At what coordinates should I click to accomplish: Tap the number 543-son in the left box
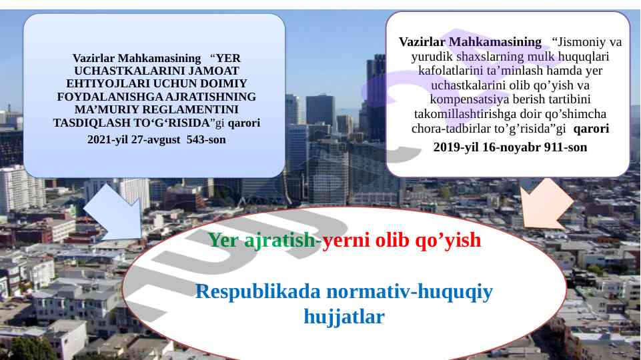click(x=206, y=140)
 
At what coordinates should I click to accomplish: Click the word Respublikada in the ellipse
click(x=258, y=293)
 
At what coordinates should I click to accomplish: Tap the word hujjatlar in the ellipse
click(x=344, y=317)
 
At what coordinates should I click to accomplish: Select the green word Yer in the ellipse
click(x=223, y=240)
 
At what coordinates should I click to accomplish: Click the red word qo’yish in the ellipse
click(x=448, y=240)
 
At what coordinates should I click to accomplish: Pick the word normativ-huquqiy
click(x=410, y=293)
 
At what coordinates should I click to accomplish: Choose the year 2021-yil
click(x=108, y=140)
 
